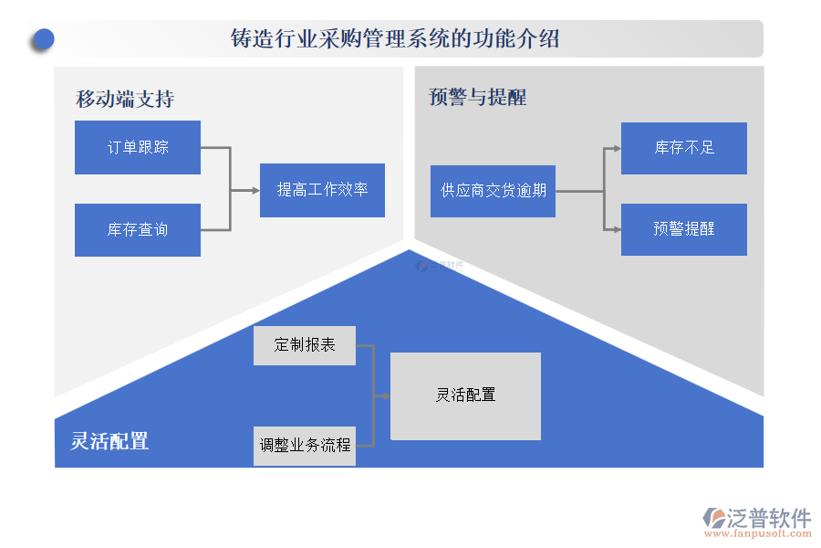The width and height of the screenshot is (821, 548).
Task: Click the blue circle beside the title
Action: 42,39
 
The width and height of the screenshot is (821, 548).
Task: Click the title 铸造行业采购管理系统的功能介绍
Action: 395,39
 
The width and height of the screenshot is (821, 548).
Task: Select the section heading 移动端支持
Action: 125,99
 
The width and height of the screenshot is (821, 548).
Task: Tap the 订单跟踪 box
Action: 138,147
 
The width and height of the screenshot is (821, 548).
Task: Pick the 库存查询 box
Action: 138,229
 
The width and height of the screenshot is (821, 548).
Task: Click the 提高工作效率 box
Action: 322,190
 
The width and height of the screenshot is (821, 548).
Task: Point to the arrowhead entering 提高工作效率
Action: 255,190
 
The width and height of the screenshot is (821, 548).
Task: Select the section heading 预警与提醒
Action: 477,97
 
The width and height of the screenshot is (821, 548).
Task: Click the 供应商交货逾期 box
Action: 493,191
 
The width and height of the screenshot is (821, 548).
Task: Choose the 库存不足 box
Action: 684,148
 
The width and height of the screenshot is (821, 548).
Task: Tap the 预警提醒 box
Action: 684,229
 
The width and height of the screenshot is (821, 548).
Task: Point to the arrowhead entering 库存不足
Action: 616,148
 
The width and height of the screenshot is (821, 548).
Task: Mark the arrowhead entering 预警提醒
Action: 616,229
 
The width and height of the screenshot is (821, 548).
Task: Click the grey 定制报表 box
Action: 305,345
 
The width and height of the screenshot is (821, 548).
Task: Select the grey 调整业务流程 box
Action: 305,446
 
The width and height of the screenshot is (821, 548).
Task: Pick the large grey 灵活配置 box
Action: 465,395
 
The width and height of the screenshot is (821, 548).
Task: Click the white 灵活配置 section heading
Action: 109,441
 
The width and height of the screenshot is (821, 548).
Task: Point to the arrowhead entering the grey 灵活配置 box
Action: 386,395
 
